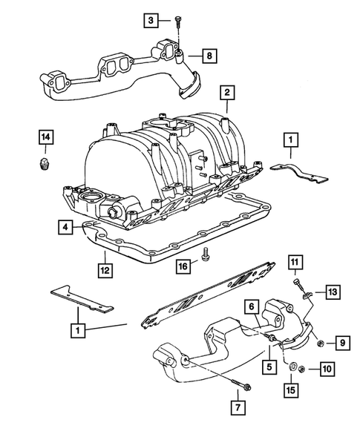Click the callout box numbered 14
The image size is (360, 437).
46,137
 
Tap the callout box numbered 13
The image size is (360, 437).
331,292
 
